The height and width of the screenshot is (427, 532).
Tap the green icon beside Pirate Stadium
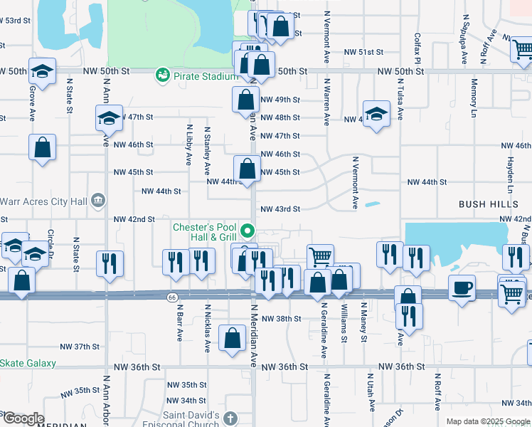[163, 75]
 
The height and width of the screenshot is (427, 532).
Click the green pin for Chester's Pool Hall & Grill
[248, 231]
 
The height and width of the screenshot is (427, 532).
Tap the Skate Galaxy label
[28, 363]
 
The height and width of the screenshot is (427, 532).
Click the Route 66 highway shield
[173, 296]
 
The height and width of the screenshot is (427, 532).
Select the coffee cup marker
[462, 288]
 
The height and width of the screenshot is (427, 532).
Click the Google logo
[23, 418]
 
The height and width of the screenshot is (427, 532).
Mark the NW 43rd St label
[281, 209]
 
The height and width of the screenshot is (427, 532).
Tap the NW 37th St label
[80, 347]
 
